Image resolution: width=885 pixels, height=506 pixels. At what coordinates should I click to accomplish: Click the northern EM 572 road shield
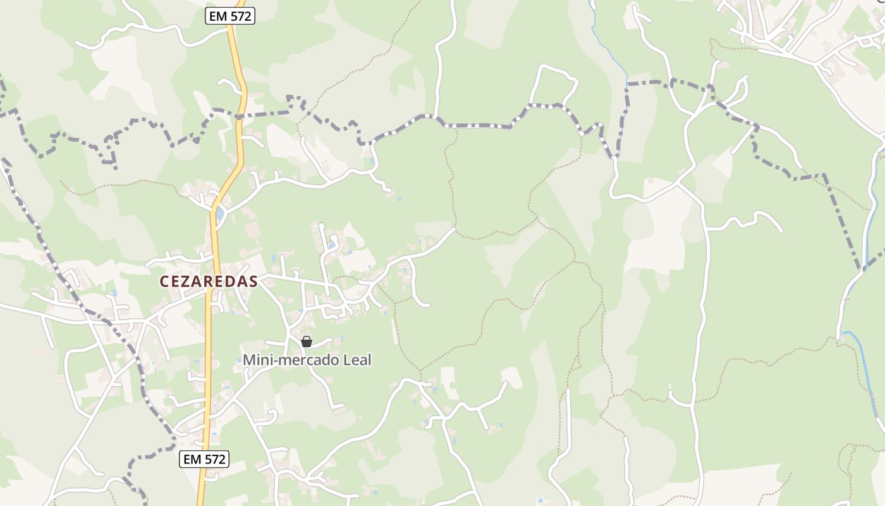[230, 16]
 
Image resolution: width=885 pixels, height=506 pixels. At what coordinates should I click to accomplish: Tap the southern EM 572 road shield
[204, 459]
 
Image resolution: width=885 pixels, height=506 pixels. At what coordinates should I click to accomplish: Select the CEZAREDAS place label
[209, 281]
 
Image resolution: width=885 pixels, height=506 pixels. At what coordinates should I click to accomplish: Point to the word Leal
[357, 360]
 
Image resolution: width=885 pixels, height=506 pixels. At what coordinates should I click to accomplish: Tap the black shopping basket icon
[307, 342]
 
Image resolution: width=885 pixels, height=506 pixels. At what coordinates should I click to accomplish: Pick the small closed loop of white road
[552, 85]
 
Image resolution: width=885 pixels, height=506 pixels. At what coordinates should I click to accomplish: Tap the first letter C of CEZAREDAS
[164, 281]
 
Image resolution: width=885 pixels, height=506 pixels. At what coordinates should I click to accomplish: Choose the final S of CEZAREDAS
[253, 281]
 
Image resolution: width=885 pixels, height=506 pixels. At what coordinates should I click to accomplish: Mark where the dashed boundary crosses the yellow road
[240, 116]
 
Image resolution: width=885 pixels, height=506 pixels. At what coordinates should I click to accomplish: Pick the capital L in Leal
[347, 360]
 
